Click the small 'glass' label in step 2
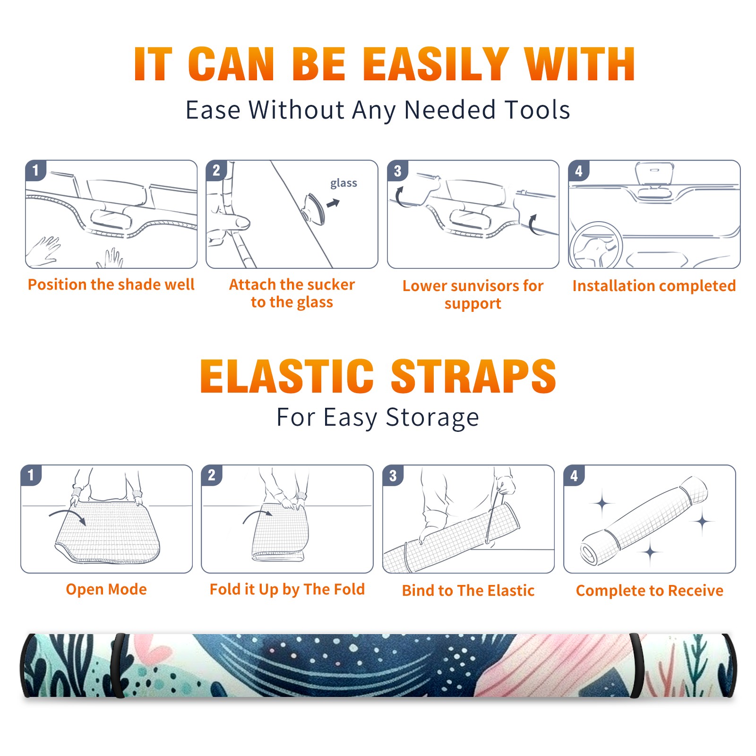coord(344,183)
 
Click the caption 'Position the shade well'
coord(111,284)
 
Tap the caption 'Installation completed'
coord(654,286)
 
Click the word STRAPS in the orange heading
coord(473,377)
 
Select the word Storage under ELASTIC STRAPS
coord(432,418)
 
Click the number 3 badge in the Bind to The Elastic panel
coord(393,475)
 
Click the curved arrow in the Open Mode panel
coord(68,515)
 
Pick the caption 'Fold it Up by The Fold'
coord(287,590)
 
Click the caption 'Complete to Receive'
coord(650,591)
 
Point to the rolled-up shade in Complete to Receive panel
coord(644,520)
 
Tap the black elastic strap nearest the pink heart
coord(118,665)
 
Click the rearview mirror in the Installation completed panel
coord(654,174)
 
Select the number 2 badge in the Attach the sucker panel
coord(216,171)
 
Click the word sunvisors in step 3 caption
coord(473,286)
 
